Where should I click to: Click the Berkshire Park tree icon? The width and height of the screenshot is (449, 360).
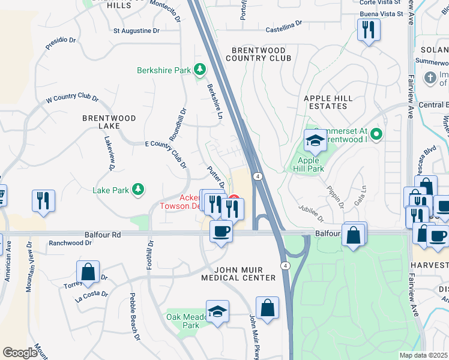pyautogui.click(x=200, y=70)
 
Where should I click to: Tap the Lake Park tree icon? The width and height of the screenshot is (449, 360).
pyautogui.click(x=139, y=190)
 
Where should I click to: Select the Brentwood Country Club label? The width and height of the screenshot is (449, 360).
pyautogui.click(x=258, y=54)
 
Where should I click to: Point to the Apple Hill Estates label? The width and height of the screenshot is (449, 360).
pyautogui.click(x=325, y=102)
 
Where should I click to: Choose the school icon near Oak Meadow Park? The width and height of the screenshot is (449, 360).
pyautogui.click(x=217, y=311)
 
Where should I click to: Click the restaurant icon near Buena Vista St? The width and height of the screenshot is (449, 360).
pyautogui.click(x=369, y=29)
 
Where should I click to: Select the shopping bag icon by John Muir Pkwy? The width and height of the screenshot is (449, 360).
pyautogui.click(x=267, y=308)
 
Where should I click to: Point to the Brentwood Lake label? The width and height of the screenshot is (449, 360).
pyautogui.click(x=109, y=122)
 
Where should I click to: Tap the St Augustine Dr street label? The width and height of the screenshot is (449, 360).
pyautogui.click(x=136, y=30)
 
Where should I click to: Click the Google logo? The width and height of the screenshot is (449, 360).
pyautogui.click(x=20, y=352)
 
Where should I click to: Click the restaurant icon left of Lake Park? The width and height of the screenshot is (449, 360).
pyautogui.click(x=43, y=200)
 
